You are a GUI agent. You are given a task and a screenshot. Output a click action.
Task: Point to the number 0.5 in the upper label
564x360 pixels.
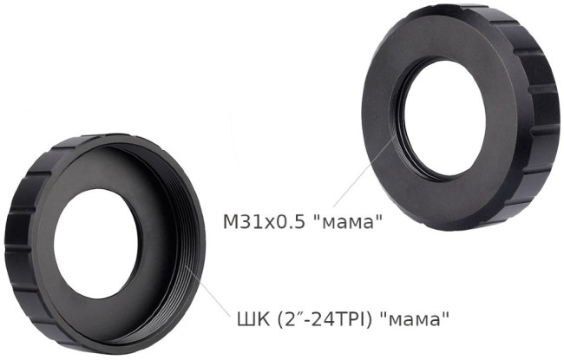pyautogui.click(x=290, y=221)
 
